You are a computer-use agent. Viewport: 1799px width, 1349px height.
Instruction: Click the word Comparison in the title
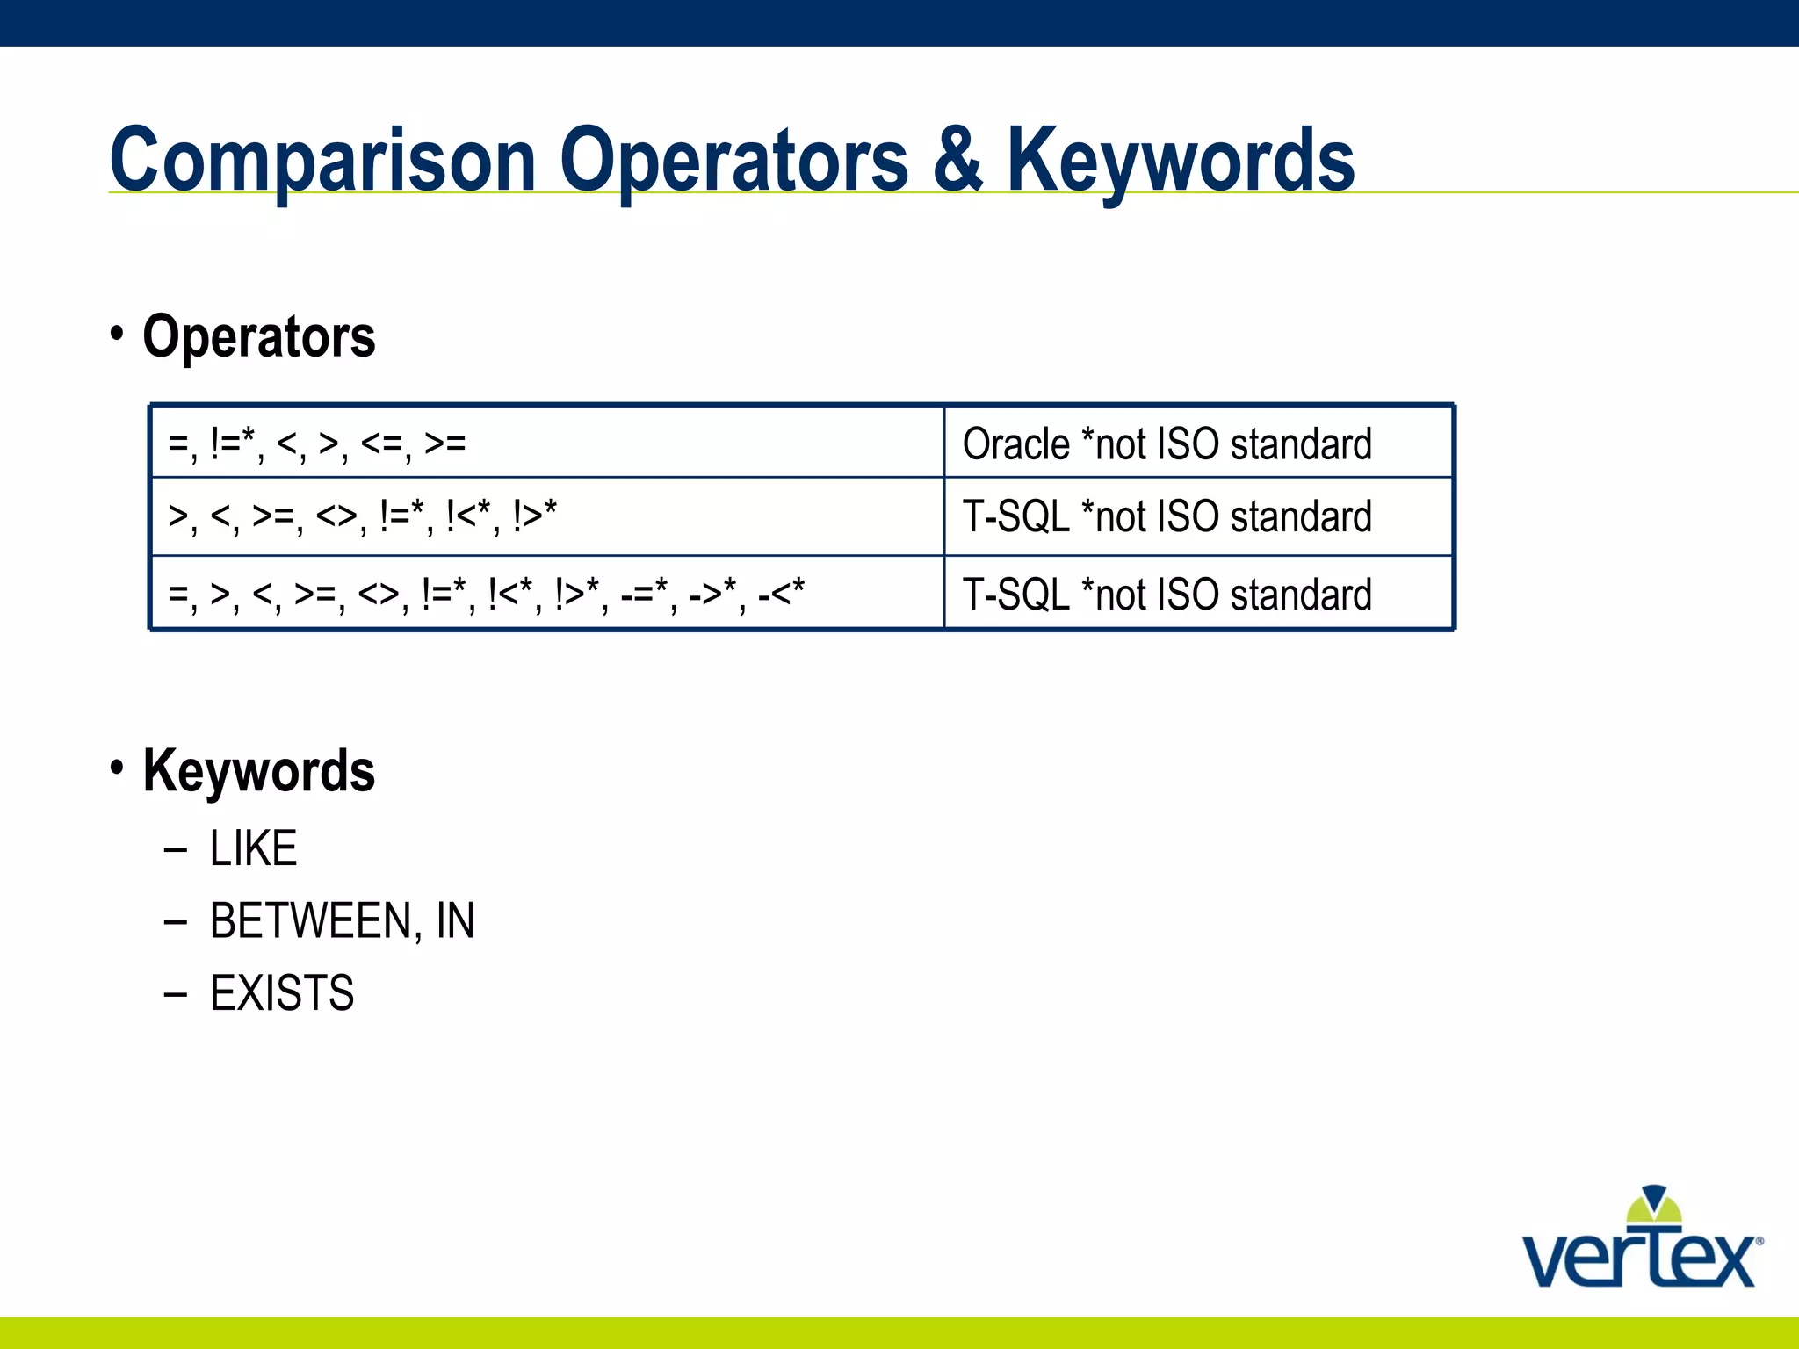(x=322, y=162)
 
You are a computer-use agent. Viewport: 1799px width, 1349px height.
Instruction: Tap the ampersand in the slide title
(x=957, y=160)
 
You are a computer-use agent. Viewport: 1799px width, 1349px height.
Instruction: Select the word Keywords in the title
(x=1180, y=162)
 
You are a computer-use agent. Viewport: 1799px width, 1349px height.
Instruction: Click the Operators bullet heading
(x=258, y=337)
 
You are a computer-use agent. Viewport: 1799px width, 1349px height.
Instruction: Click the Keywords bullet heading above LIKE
(x=258, y=771)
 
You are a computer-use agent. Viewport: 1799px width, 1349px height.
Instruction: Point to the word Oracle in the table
(x=1015, y=444)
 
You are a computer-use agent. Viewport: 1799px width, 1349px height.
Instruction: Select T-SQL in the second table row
(x=1015, y=516)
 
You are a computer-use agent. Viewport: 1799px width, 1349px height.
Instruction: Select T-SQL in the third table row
(x=1015, y=595)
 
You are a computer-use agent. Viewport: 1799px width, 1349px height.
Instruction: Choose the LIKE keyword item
(x=253, y=849)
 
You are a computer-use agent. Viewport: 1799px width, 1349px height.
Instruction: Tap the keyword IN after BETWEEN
(x=455, y=921)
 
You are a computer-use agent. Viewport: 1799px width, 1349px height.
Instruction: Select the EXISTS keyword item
(x=282, y=994)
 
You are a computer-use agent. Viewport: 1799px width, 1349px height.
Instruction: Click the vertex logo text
(x=1639, y=1259)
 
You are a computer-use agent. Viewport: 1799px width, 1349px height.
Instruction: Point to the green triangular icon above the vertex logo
(x=1654, y=1206)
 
